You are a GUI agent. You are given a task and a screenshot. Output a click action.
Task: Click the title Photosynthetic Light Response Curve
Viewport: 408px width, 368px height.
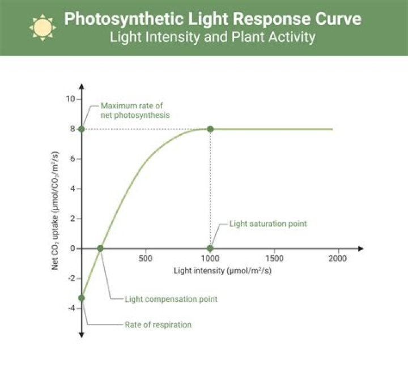[x=212, y=19]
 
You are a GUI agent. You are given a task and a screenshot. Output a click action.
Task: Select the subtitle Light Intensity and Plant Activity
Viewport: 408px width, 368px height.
[x=212, y=38]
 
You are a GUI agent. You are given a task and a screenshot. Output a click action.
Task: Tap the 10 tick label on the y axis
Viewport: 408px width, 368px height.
[x=70, y=99]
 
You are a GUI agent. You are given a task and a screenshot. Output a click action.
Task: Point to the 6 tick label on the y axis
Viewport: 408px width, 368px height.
[x=72, y=159]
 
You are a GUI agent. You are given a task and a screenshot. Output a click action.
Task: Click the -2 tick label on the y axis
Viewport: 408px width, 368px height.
[x=71, y=279]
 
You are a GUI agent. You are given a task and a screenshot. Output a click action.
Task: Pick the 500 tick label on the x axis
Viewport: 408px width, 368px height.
[x=146, y=259]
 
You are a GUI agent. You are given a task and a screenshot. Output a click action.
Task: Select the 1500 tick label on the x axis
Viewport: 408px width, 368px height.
[x=274, y=259]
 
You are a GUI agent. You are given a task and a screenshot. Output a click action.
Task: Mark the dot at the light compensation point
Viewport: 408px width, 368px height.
[x=100, y=249]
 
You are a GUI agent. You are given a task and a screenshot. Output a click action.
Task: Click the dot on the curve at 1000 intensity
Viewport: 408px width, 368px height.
[x=210, y=129]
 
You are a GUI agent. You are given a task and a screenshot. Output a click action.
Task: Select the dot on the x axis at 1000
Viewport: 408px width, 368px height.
[x=210, y=249]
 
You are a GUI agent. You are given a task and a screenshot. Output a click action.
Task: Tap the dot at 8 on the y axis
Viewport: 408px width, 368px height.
[x=82, y=129]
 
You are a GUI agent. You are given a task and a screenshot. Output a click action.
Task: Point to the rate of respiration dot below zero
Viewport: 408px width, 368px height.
[x=82, y=298]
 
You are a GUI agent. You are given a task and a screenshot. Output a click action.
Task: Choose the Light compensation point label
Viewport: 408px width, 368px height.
[x=171, y=298]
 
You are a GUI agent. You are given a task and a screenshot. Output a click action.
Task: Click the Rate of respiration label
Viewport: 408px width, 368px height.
[x=158, y=325]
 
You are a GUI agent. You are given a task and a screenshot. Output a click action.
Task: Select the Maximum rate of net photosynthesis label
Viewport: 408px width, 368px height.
[x=135, y=110]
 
